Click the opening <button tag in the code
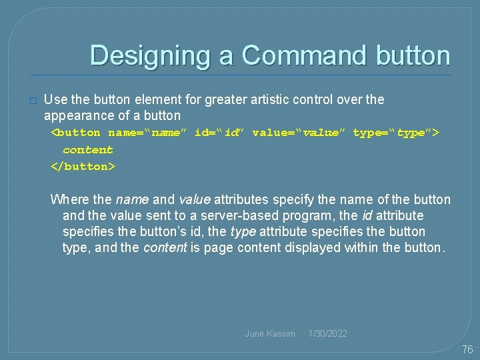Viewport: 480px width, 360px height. (76, 133)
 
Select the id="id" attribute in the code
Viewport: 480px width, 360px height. (219, 133)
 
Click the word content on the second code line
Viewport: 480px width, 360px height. (87, 150)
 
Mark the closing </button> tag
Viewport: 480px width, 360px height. (83, 166)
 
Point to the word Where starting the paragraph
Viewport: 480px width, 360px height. (68, 200)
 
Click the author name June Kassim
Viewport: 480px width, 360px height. (270, 333)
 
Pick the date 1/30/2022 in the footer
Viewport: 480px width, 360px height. (327, 333)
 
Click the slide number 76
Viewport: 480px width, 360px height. (467, 350)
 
